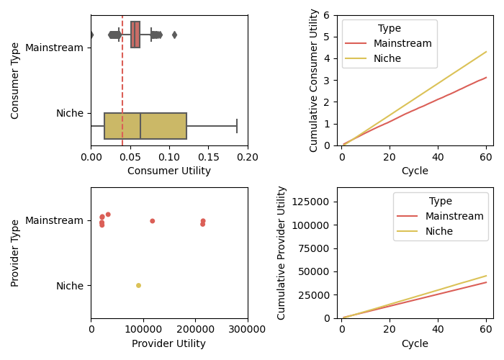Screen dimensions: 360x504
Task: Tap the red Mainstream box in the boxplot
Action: click(x=135, y=35)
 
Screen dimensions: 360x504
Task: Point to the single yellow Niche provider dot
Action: click(x=138, y=286)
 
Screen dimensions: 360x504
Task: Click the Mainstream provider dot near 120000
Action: click(x=152, y=221)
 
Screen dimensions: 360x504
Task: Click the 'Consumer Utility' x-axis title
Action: click(x=169, y=171)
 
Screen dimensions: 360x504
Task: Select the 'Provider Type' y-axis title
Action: click(x=15, y=253)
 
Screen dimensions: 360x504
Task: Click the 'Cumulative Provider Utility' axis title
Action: click(x=282, y=253)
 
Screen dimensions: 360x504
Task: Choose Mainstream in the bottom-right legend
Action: click(x=454, y=216)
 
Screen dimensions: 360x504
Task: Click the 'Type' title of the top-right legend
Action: click(x=390, y=28)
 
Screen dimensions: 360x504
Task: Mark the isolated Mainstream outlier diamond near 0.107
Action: click(x=174, y=35)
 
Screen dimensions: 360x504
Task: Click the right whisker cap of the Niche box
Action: click(x=237, y=126)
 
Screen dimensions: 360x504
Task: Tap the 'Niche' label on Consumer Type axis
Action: click(x=70, y=113)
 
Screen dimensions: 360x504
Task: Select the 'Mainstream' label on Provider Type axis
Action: click(x=54, y=220)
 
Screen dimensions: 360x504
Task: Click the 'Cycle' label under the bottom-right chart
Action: click(x=414, y=344)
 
